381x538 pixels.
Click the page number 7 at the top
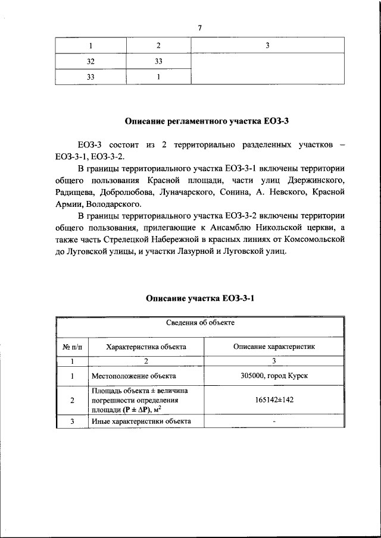pyautogui.click(x=201, y=28)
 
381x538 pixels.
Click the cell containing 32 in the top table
pyautogui.click(x=90, y=61)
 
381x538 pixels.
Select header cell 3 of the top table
pyautogui.click(x=267, y=46)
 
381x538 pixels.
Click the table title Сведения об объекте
pyautogui.click(x=200, y=324)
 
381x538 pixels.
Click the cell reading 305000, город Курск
pyautogui.click(x=274, y=376)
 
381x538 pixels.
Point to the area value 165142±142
pyautogui.click(x=274, y=399)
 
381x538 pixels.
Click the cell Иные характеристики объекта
pyautogui.click(x=141, y=421)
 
